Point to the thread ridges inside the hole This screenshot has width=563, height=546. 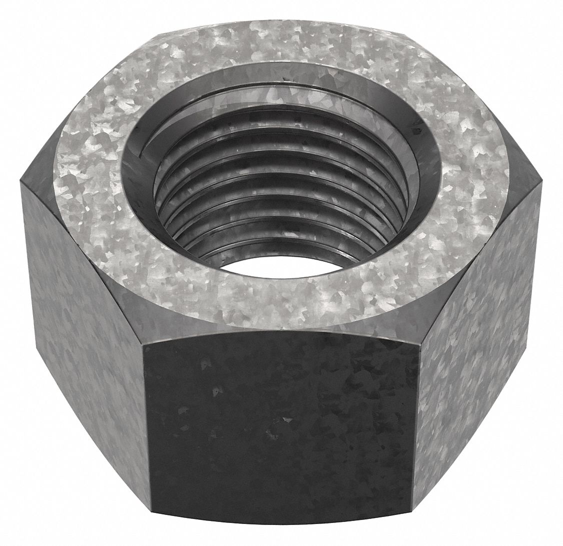pos(280,200)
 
